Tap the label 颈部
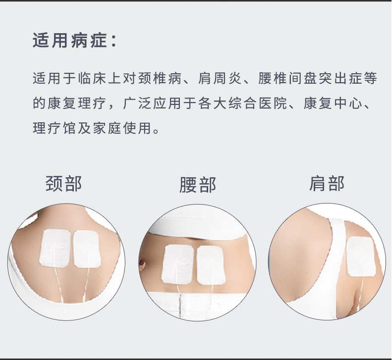[x=63, y=184]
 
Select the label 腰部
[x=198, y=185]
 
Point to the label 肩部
[x=327, y=184]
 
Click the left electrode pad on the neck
[x=55, y=248]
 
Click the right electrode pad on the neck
[x=87, y=249]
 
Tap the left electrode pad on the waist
[x=177, y=264]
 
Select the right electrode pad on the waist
[x=211, y=265]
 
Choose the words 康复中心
[x=333, y=103]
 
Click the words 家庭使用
[x=122, y=128]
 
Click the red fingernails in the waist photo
[x=142, y=263]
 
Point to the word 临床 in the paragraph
[x=92, y=78]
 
